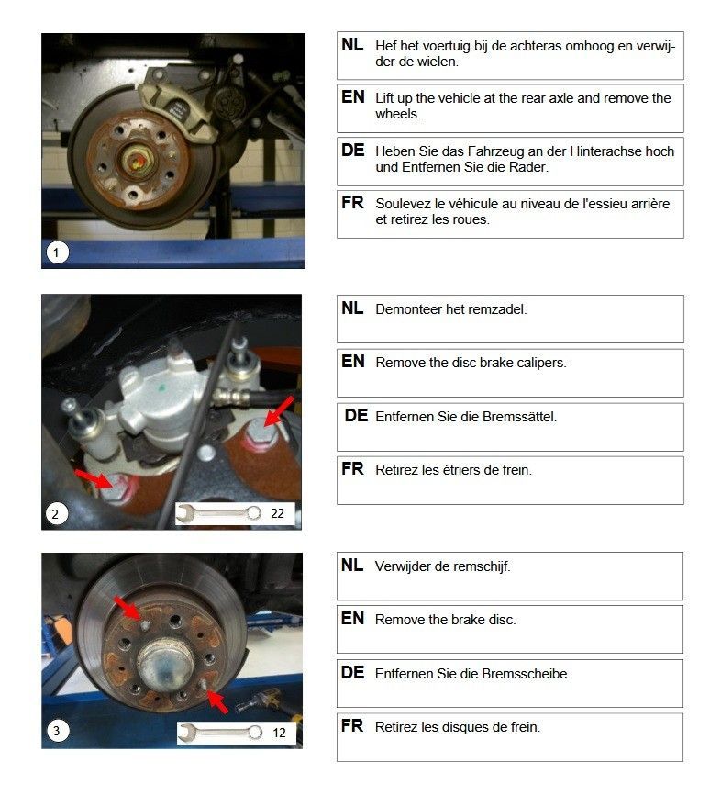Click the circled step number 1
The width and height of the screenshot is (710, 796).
coord(57,252)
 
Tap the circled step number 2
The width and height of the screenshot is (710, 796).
coord(56,514)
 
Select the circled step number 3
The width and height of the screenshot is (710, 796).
coord(57,731)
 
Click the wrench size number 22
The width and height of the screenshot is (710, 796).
coord(277,513)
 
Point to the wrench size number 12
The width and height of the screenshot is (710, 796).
coord(279,733)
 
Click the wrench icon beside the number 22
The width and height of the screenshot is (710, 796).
coord(219,513)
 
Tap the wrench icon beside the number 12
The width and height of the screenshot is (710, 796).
coord(220,733)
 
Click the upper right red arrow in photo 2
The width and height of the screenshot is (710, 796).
coord(280,411)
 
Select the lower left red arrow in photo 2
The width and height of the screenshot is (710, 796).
coord(93,477)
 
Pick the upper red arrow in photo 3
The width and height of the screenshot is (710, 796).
coord(128,607)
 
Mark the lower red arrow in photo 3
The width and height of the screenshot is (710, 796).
coord(217,701)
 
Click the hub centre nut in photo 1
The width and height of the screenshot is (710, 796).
coord(137,161)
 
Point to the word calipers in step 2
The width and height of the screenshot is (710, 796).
coord(541,363)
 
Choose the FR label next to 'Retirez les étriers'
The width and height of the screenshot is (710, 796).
coord(352,468)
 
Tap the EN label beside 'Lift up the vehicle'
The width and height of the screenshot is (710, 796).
coord(353,96)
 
